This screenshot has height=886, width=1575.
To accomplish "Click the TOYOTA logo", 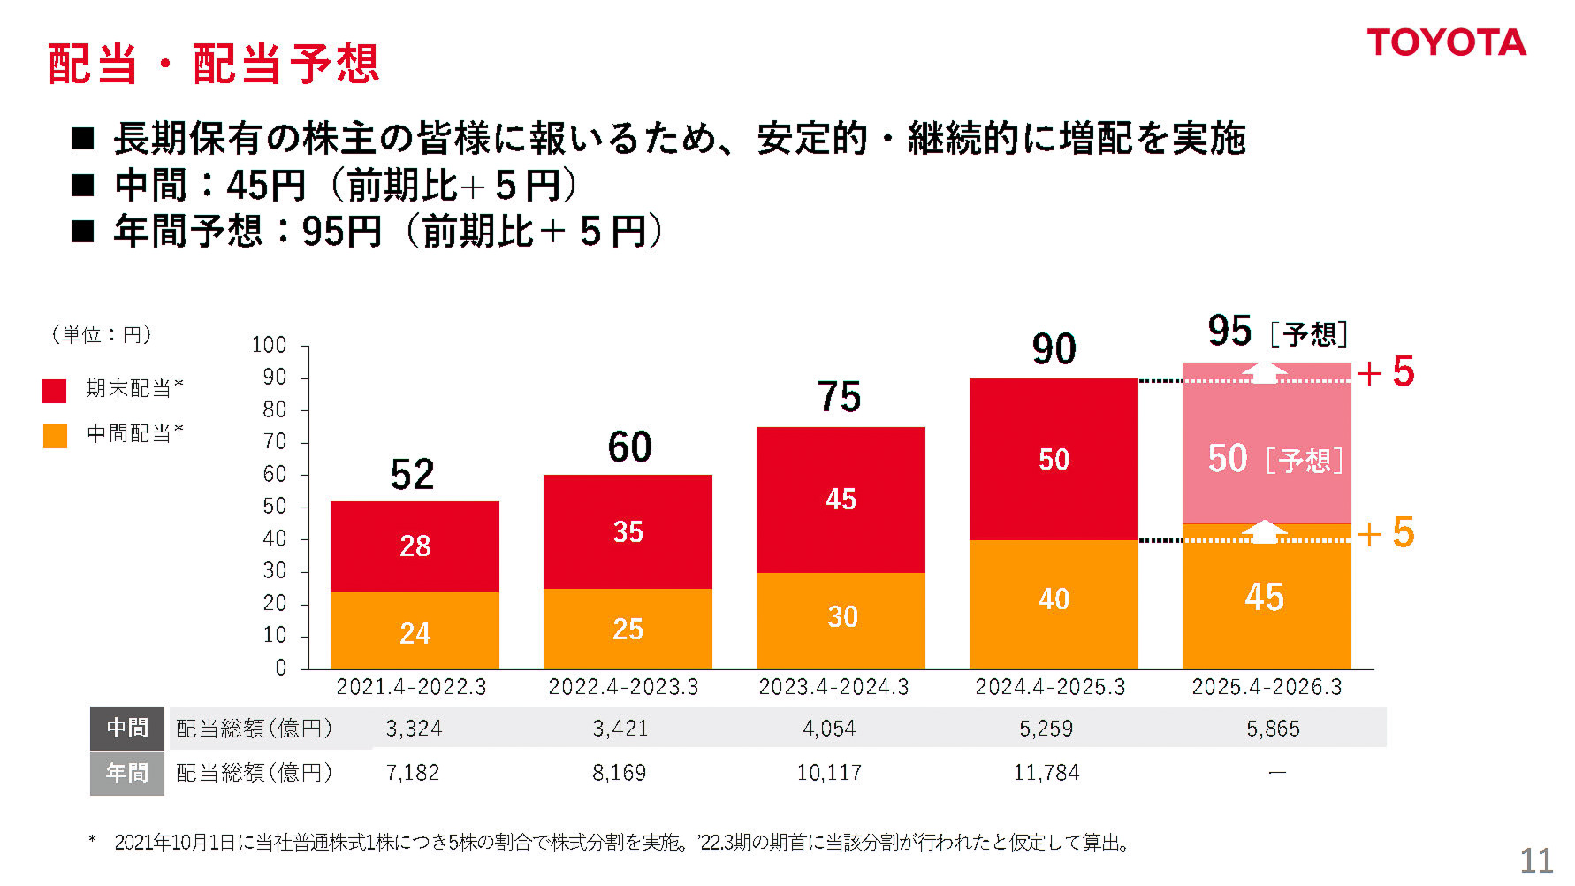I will pos(1446,42).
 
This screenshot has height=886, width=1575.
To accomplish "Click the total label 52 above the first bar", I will pos(412,475).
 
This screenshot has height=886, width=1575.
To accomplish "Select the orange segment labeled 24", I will pos(415,631).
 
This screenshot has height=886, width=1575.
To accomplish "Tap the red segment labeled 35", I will pos(628,531).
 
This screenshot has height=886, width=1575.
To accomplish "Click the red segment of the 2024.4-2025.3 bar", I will pos(1054,459).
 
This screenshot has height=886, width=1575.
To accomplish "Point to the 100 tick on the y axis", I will pos(270,345).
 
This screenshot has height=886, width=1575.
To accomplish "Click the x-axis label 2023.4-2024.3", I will pos(833,687).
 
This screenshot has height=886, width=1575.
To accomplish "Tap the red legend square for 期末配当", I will pos(55,390).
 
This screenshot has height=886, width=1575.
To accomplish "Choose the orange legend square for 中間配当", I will pos(55,435).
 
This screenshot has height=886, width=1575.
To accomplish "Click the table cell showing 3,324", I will pos(414,729).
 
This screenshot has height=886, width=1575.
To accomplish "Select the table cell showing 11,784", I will pos(1046,773).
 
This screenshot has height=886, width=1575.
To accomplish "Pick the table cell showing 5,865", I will pos(1273,729).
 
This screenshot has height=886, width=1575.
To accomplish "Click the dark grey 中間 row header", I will pos(127,728).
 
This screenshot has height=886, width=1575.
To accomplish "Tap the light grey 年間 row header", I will pos(127,773).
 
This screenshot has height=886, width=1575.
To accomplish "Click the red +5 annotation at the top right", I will pos(1386,372).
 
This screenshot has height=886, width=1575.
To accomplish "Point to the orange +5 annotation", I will pos(1386,533).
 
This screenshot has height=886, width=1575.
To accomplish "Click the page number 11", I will pos(1536,860).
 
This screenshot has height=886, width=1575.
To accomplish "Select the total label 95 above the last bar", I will pos(1229,331).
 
